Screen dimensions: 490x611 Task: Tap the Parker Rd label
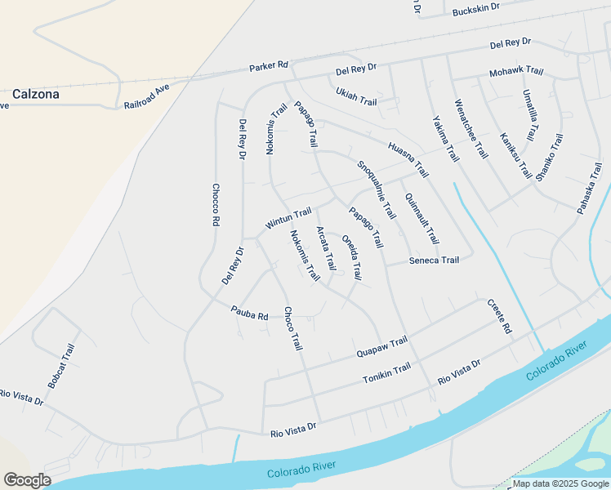click(270, 65)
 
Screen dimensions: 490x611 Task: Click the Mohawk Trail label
click(516, 72)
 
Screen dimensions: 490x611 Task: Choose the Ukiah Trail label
click(356, 96)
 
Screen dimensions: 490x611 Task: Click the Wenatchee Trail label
click(471, 131)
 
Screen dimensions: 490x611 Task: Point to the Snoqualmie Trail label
click(376, 189)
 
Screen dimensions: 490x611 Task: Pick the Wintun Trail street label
click(288, 218)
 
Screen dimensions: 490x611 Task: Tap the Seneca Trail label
click(434, 261)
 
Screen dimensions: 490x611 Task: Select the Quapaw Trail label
click(381, 348)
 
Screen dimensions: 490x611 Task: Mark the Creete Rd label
click(499, 316)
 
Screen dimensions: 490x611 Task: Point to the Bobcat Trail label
click(61, 366)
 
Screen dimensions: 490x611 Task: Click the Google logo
click(26, 480)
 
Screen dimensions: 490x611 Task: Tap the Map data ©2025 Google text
click(560, 483)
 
